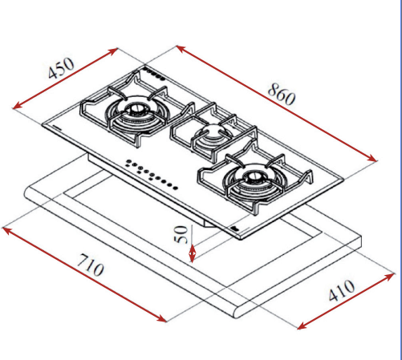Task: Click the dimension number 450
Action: (x=61, y=68)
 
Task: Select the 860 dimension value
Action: (x=282, y=94)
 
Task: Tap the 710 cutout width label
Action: (x=90, y=265)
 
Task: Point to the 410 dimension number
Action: (x=342, y=290)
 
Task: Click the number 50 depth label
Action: (x=181, y=234)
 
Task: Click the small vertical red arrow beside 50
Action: (x=192, y=253)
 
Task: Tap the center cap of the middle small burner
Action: (x=212, y=131)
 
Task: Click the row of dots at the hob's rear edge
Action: (x=154, y=74)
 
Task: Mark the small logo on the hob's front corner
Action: (x=234, y=229)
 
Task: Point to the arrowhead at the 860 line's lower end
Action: (x=372, y=158)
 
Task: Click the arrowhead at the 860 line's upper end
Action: (x=181, y=48)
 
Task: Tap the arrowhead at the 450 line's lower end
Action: (x=18, y=106)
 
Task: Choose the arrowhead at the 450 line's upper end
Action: (x=112, y=51)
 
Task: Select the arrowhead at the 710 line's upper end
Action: (x=8, y=230)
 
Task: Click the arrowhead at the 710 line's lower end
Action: (x=161, y=318)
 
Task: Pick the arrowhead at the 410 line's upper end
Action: (x=389, y=277)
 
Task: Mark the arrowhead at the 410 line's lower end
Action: (x=303, y=326)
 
